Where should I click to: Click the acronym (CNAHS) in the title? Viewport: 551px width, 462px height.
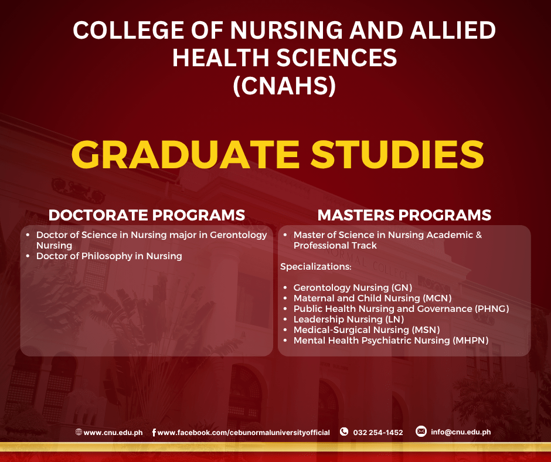pos(284,86)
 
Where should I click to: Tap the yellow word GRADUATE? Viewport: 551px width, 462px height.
pos(185,155)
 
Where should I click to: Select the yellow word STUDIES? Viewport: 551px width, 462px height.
pos(397,155)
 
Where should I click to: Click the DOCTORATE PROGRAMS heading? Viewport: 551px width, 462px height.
pos(147,215)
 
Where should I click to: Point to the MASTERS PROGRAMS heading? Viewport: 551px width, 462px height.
pos(404,215)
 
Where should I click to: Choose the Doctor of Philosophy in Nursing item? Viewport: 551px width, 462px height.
pos(109,256)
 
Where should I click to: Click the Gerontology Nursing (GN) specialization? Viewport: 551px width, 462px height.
pos(353,288)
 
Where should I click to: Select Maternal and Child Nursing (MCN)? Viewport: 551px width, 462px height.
pos(372,298)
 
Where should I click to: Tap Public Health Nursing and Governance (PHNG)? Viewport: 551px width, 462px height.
pos(402,309)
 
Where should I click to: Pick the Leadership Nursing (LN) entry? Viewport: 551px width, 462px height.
pos(349,320)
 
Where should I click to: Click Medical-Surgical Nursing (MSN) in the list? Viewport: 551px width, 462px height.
pos(366,330)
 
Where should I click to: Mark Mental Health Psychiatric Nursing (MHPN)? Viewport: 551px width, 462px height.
pos(391,341)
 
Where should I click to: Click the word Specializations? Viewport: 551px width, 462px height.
pos(315,267)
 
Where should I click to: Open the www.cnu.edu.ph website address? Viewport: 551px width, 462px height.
pos(113,433)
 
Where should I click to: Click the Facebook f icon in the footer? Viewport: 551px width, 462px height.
pos(154,433)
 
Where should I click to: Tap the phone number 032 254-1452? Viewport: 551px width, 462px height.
pos(378,433)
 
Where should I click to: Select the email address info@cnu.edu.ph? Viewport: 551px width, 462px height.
pos(461,432)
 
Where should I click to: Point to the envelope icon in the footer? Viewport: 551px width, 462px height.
pos(421,432)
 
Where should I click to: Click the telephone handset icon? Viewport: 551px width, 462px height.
pos(344,432)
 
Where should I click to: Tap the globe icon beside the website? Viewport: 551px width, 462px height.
pos(79,432)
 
